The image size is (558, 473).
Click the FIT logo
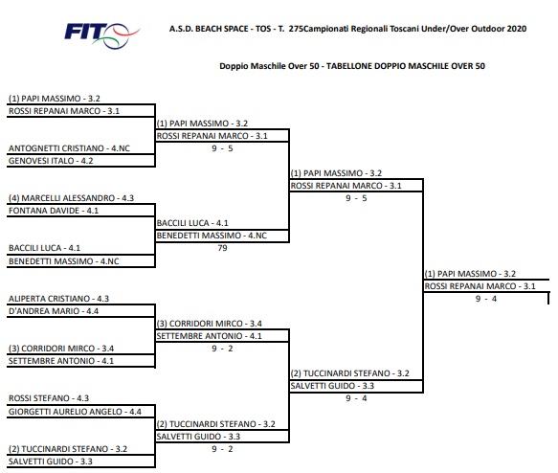(x=101, y=34)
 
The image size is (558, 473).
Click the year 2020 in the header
(x=516, y=29)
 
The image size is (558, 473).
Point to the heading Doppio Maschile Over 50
(x=269, y=66)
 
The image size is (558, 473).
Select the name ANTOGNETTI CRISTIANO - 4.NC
(x=69, y=148)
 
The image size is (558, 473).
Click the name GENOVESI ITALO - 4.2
(x=51, y=161)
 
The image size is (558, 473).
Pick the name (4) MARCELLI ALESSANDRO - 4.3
(x=71, y=198)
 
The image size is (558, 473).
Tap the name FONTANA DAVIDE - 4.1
(x=54, y=211)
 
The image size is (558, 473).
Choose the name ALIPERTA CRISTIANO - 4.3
(x=58, y=299)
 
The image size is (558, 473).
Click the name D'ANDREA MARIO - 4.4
(x=54, y=311)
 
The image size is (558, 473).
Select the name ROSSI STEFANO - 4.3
(x=49, y=398)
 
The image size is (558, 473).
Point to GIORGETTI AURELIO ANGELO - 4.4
(x=75, y=412)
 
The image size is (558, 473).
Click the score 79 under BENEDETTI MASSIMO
(x=222, y=248)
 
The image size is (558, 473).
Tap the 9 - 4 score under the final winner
(x=486, y=299)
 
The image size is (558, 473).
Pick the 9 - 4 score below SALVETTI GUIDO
(x=356, y=398)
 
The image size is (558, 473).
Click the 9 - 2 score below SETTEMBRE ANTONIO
(x=222, y=349)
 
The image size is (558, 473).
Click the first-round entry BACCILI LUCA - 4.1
(x=44, y=248)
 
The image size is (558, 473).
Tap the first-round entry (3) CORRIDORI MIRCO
(x=61, y=349)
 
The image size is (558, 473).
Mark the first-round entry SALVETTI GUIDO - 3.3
(x=50, y=462)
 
